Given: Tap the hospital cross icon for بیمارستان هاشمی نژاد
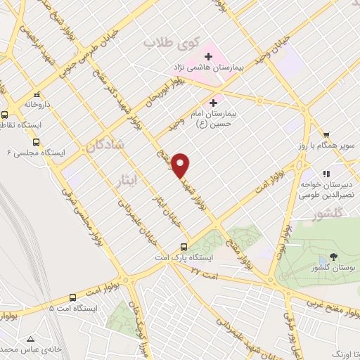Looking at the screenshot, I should point(208,56).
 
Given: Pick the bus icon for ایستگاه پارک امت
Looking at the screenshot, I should point(184,246).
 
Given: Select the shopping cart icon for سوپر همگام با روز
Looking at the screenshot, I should point(326,135).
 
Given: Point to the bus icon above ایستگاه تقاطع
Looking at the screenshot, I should point(5,115).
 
